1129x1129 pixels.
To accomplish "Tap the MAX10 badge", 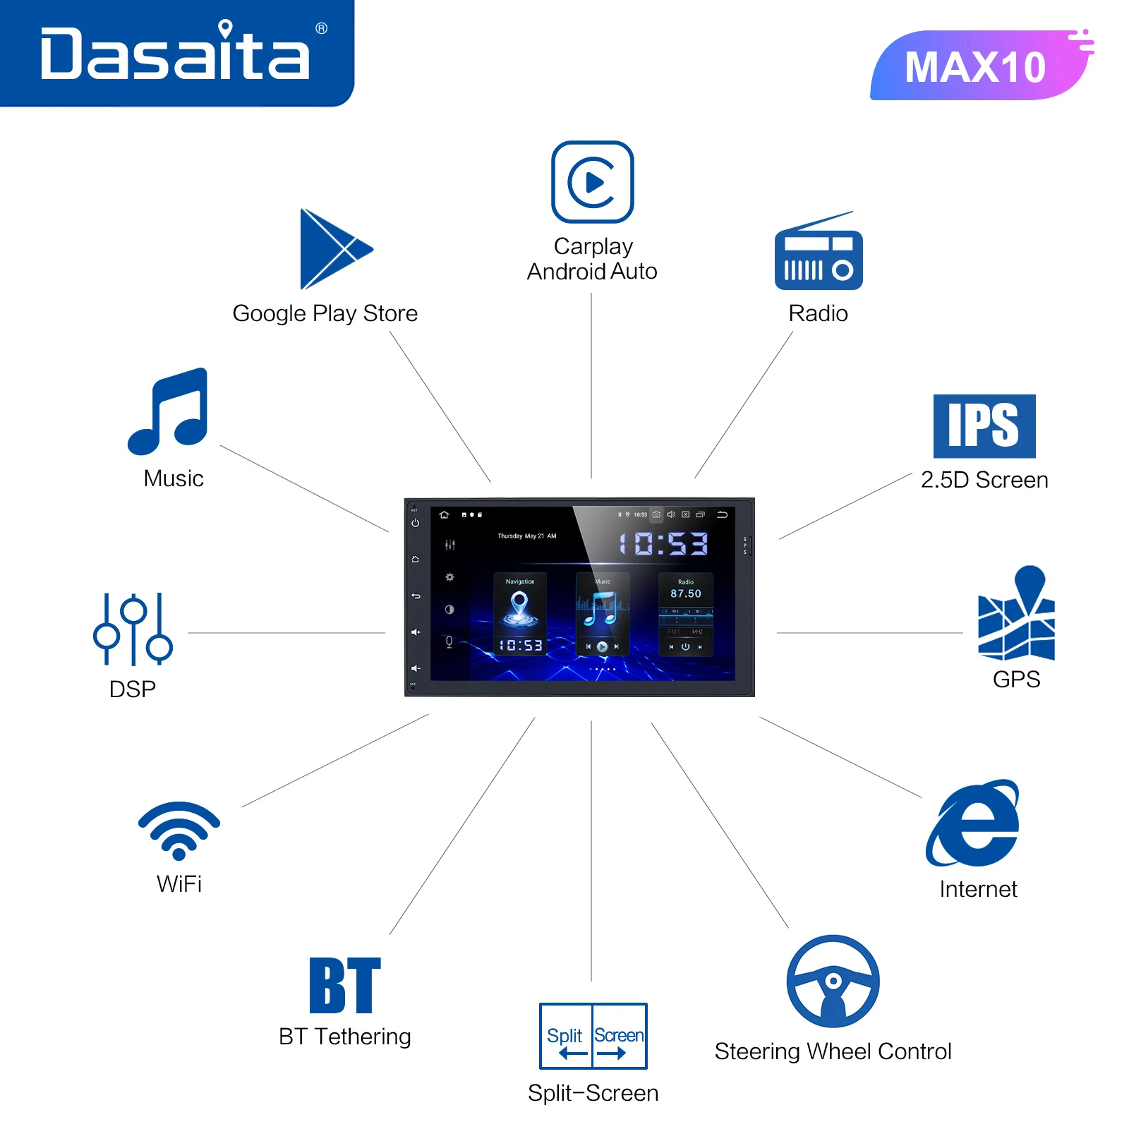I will pos(977,67).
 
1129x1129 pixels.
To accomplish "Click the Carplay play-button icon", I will pos(593,182).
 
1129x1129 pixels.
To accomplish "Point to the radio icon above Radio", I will pos(819,254).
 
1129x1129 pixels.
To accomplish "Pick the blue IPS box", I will pos(984,425).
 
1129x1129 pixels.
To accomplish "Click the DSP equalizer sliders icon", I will pos(133,629).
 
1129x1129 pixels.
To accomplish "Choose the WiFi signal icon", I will pos(179,829).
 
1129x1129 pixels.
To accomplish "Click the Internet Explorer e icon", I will pos(974,823).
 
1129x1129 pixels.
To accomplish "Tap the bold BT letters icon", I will pos(345,985).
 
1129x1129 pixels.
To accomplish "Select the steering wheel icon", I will pos(833,981).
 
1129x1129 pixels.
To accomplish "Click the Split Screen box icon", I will pos(593,1036).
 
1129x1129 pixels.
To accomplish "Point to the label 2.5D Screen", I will pos(984,480).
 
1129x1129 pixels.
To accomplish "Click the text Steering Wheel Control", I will pos(833,1051).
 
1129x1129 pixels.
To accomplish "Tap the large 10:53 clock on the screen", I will pos(663,543).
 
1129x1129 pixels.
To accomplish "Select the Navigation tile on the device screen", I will pos(520,612).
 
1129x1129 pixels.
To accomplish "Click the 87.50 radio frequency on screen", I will pos(686,594).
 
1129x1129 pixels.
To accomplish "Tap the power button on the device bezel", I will pos(416,523).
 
